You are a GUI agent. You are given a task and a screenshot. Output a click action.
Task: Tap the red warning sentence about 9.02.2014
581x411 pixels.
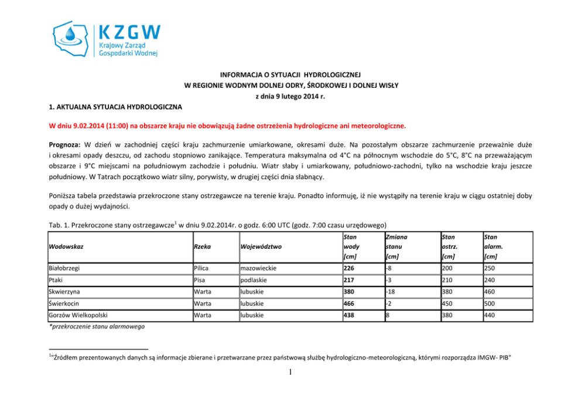pos(227,125)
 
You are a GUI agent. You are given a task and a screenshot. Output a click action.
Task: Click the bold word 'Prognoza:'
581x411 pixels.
pos(65,143)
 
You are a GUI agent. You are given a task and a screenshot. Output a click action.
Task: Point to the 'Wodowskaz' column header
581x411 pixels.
pos(67,246)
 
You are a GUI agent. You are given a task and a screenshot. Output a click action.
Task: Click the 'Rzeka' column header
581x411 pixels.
pos(203,246)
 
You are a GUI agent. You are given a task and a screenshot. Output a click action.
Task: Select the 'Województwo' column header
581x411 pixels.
pos(261,246)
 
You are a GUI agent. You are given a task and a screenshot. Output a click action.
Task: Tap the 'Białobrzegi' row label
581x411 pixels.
pos(64,269)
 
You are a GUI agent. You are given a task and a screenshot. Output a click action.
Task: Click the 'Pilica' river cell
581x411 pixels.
pos(202,269)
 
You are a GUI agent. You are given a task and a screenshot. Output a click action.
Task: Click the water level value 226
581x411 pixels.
pos(350,269)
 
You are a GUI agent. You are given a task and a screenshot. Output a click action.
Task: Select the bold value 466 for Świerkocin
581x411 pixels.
pos(350,304)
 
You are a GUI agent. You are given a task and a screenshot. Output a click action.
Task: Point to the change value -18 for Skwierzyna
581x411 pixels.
pos(391,292)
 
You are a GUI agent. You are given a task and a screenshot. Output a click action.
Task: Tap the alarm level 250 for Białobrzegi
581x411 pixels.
pos(490,269)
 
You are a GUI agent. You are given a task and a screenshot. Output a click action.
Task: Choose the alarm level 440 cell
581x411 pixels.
pos(490,316)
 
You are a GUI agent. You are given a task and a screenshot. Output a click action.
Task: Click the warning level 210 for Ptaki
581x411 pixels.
pos(449,280)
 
